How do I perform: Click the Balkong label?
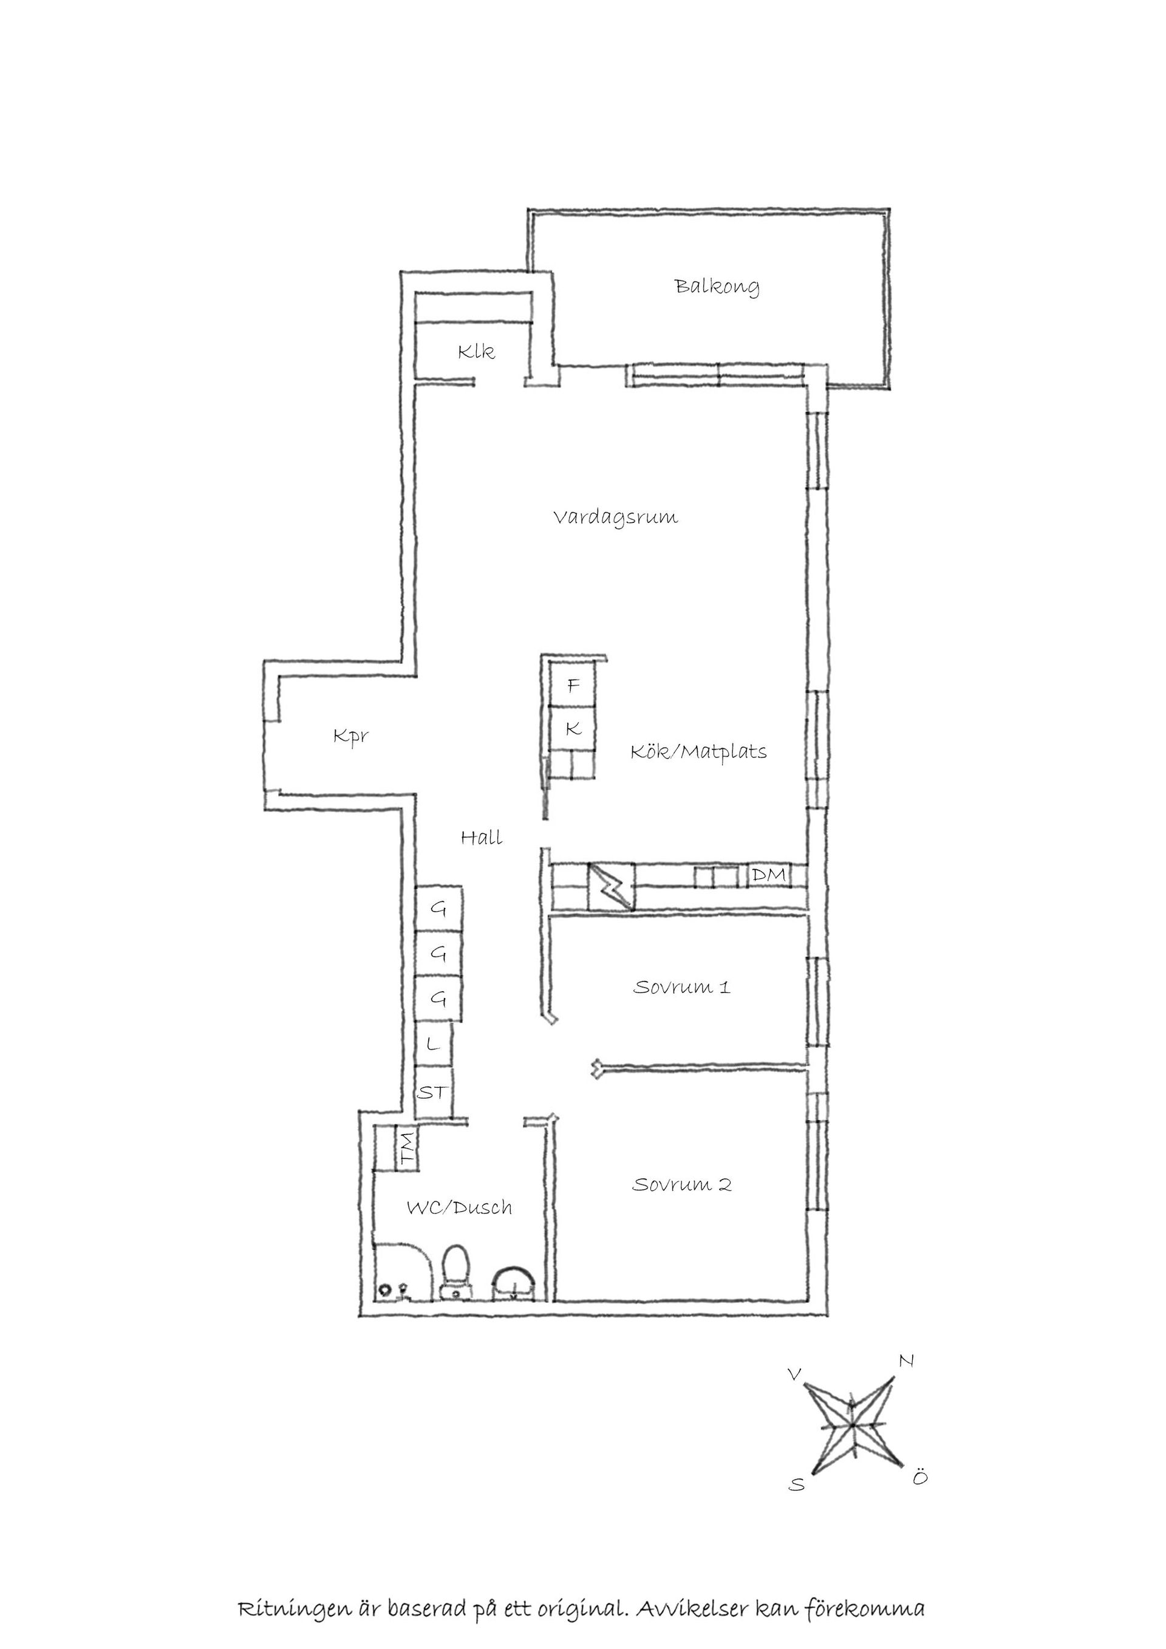(x=717, y=287)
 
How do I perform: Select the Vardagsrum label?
(x=615, y=518)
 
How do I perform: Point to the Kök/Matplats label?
(x=698, y=752)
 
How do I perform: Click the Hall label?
(x=481, y=838)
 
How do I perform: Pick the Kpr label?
(x=351, y=736)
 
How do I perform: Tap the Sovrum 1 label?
(x=681, y=987)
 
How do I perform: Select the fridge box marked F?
(x=573, y=686)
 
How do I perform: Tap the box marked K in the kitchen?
(x=573, y=729)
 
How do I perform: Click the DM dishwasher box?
(x=769, y=875)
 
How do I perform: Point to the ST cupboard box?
(x=433, y=1093)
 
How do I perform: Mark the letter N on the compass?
(x=907, y=1361)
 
